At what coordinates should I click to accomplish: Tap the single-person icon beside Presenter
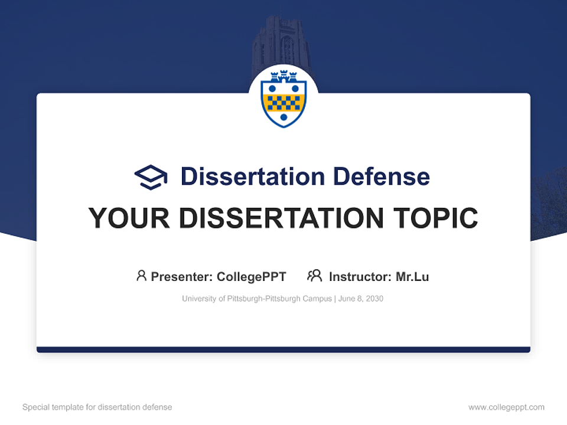141,276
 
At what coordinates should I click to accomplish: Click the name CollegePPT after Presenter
251,277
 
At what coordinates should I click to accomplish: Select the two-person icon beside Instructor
314,276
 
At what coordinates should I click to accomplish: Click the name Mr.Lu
412,277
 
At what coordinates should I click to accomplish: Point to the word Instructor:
360,277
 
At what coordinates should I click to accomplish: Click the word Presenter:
182,277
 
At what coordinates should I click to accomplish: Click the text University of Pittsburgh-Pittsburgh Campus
257,299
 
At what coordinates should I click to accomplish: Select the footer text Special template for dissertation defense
97,407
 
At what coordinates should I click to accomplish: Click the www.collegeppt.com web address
506,407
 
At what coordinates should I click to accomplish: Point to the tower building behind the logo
281,41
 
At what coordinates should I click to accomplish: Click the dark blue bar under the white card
283,349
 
